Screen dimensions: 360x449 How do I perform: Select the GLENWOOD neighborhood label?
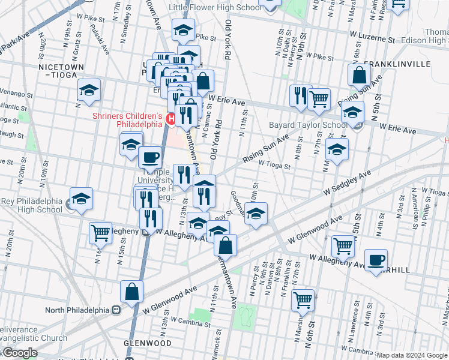[147, 343]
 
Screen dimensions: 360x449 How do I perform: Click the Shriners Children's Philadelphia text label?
[127, 120]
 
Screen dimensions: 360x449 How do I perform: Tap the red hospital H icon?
[170, 119]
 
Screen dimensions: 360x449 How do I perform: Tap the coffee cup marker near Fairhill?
[376, 260]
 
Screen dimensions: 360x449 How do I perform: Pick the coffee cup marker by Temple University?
[150, 158]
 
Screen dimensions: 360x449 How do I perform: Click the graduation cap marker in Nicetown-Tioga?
[89, 91]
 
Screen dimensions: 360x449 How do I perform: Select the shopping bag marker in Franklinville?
[359, 76]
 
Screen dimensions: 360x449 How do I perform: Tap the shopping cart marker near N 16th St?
[101, 232]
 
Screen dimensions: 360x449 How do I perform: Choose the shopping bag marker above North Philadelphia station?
[132, 292]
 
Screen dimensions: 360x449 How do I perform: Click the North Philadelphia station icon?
[117, 310]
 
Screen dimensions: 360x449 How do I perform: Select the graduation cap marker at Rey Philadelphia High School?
[81, 199]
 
